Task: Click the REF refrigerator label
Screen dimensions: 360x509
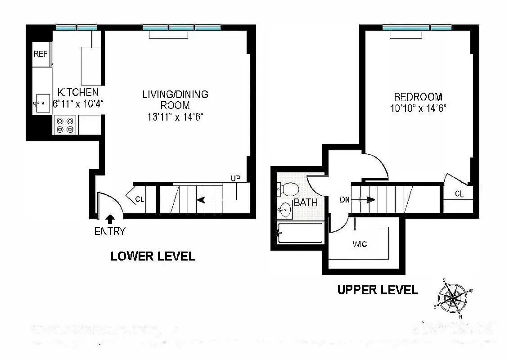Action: pyautogui.click(x=40, y=54)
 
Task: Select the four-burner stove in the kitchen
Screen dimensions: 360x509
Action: pyautogui.click(x=65, y=125)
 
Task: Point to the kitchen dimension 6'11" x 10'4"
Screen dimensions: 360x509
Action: pyautogui.click(x=78, y=103)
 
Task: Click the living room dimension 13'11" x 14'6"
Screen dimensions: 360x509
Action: pyautogui.click(x=175, y=117)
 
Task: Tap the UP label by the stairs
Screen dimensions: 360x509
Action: pyautogui.click(x=235, y=178)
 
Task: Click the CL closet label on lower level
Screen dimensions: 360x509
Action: pyautogui.click(x=140, y=199)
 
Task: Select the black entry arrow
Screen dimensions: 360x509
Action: pyautogui.click(x=109, y=219)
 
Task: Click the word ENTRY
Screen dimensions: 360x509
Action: pyautogui.click(x=109, y=232)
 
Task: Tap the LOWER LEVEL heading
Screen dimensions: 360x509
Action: pyautogui.click(x=153, y=256)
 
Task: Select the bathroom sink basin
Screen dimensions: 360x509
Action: pyautogui.click(x=284, y=209)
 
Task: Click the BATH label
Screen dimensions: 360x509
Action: pyautogui.click(x=306, y=203)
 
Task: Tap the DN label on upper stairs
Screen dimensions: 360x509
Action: pyautogui.click(x=345, y=200)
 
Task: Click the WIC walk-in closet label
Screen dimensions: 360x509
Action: pyautogui.click(x=360, y=244)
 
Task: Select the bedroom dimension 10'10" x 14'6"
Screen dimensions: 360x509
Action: pyautogui.click(x=418, y=108)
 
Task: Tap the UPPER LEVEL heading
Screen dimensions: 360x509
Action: pyautogui.click(x=377, y=290)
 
